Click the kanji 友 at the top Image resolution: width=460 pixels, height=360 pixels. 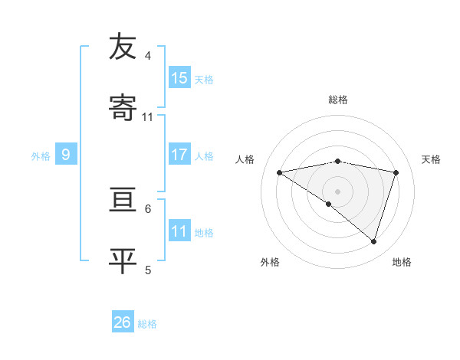point(123,47)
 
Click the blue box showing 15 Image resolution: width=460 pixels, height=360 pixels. point(179,78)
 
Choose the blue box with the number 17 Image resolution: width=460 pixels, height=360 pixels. point(179,155)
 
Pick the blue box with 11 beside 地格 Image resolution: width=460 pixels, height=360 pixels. point(179,231)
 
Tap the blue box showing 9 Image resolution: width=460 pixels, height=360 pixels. point(66,155)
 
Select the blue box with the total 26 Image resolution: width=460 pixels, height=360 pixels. point(123,322)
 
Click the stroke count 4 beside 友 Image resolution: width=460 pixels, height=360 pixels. point(148,55)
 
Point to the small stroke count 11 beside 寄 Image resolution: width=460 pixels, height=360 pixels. point(148,117)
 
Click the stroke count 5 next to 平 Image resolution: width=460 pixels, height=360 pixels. point(148,270)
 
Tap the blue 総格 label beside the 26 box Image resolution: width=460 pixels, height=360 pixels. point(147,324)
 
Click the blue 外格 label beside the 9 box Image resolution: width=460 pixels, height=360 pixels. point(41,156)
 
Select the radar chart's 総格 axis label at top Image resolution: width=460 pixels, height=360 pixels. point(338,100)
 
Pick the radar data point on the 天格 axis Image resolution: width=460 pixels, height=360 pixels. point(396,172)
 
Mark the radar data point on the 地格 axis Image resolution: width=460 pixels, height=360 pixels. point(373,241)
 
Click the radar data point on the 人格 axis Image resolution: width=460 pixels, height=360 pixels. point(280,172)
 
